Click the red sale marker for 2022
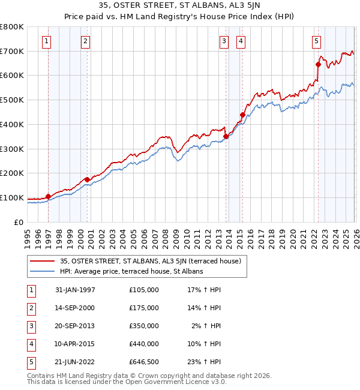tap(318, 64)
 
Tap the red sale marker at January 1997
tap(48, 196)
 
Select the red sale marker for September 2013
tap(226, 136)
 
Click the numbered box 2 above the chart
tap(86, 41)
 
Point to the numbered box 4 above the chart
tap(241, 41)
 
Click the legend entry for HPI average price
tap(131, 271)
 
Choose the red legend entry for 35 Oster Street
tap(150, 261)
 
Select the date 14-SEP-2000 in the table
tap(75, 308)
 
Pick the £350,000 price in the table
tap(144, 326)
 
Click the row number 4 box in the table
tap(31, 344)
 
